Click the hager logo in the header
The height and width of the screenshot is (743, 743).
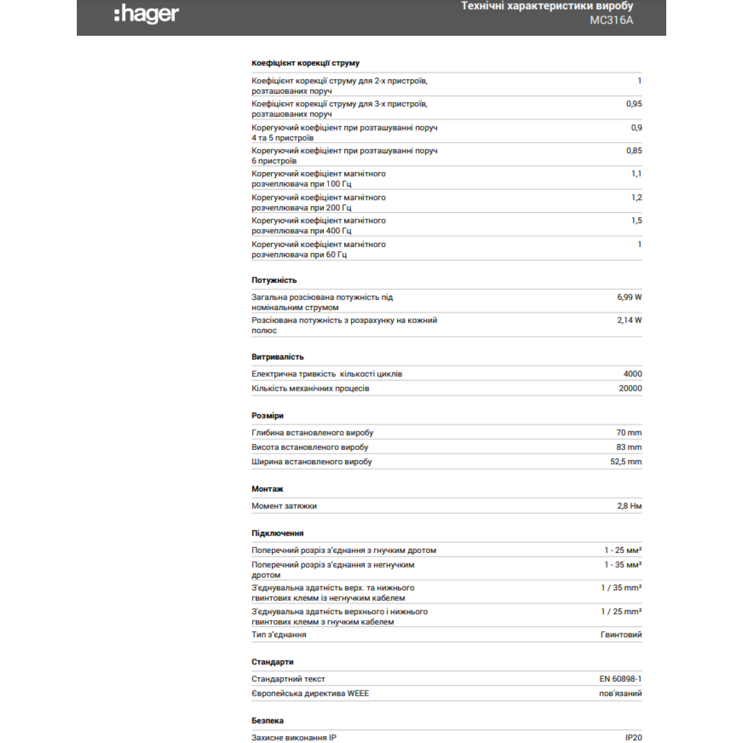[147, 14]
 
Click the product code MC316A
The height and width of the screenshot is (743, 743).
[611, 20]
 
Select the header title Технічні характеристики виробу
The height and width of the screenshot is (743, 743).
[547, 6]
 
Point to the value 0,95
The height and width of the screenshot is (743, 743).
[633, 104]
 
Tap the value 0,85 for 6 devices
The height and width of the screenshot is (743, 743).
[633, 150]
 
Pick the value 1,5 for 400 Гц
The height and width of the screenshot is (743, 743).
[637, 220]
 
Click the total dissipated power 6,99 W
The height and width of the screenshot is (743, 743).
[629, 297]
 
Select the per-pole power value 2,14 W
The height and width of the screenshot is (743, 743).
[629, 320]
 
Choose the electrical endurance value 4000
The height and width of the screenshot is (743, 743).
[632, 374]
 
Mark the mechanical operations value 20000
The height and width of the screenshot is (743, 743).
[630, 388]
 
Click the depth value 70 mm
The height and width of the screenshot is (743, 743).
[628, 433]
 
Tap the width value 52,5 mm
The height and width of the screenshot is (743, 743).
[625, 462]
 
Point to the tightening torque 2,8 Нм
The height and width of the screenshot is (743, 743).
[629, 506]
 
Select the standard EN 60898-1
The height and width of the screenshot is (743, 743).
[620, 679]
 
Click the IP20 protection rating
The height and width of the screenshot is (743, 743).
[633, 737]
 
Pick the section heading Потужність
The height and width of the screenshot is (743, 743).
[274, 280]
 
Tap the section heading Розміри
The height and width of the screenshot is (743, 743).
[267, 416]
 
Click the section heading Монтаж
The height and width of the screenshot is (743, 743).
[267, 489]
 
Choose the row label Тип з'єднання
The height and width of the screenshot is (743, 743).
[279, 635]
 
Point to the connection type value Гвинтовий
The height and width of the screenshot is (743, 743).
[621, 635]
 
